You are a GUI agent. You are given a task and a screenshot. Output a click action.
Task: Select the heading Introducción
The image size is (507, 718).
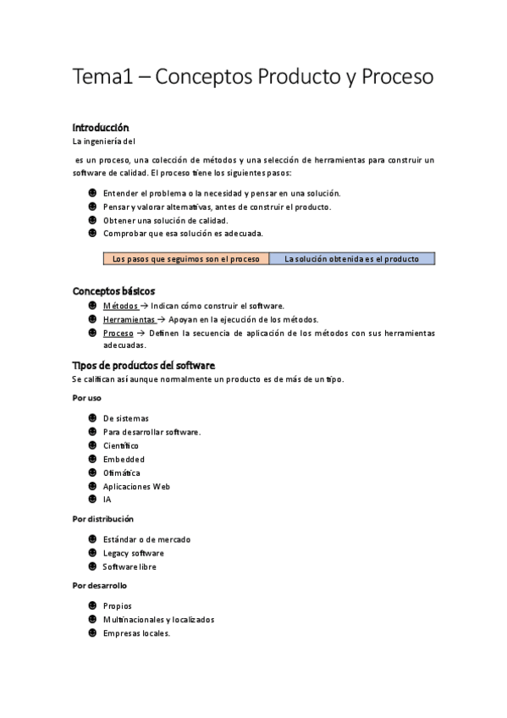pos(101,127)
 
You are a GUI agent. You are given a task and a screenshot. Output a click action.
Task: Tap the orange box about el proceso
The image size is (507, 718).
pos(186,259)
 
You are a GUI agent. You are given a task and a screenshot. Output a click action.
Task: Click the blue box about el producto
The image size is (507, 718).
pos(351,259)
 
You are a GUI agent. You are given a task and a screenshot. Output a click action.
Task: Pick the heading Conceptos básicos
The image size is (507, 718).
pos(113,290)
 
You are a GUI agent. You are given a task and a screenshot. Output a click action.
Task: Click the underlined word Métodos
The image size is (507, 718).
pos(120,306)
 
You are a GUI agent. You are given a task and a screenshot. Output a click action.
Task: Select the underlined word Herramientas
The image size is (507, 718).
pos(130,319)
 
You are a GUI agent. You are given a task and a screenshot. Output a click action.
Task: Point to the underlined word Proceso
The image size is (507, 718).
pos(118,333)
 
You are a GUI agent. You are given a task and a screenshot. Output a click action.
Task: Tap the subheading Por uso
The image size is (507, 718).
pos(87,397)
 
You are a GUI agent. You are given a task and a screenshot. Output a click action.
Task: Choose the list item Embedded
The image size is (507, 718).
pos(124,459)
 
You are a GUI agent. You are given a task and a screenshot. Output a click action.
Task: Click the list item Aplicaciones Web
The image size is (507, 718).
pos(136,486)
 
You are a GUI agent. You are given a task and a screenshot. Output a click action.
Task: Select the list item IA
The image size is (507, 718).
pos(107,500)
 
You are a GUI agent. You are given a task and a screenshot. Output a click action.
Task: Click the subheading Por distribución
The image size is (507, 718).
pos(103,518)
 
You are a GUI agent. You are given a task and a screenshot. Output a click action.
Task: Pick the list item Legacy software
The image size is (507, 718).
pos(133,553)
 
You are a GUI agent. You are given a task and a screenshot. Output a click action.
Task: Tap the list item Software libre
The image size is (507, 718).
pos(130,566)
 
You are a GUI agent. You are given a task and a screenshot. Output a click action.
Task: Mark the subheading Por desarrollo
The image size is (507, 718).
pos(100,585)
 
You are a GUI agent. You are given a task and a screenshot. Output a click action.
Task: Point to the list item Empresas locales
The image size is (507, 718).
pos(136,632)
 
